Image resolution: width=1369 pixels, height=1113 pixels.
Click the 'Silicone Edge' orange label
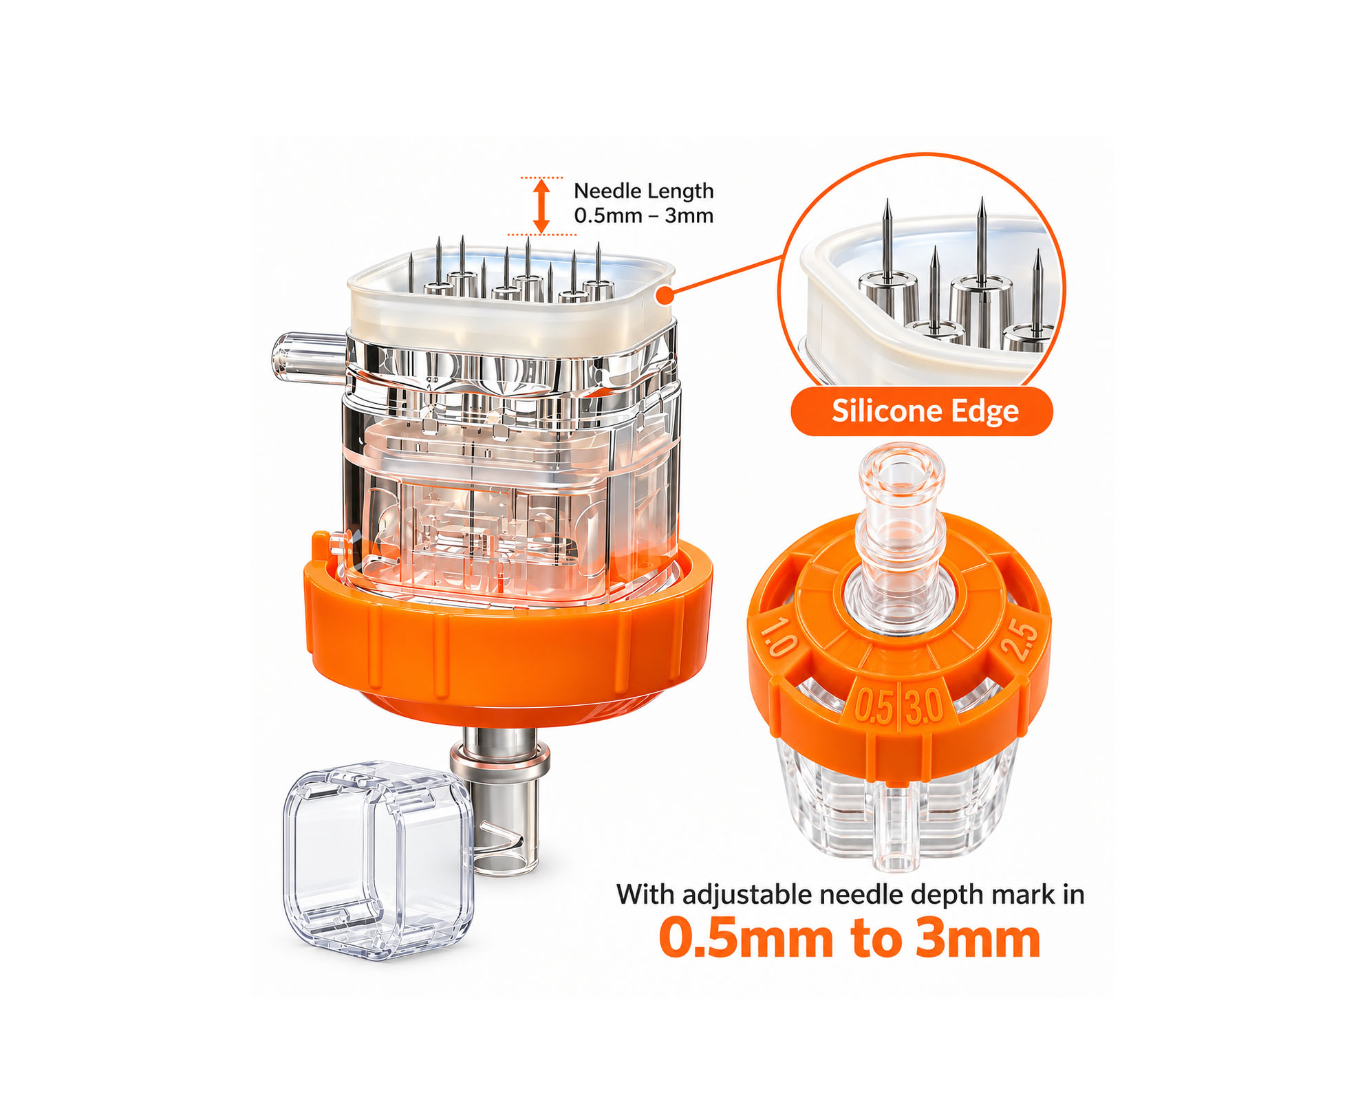(x=921, y=411)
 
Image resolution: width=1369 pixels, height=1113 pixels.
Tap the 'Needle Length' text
(x=643, y=191)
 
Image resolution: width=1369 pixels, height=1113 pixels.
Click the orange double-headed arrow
(x=542, y=206)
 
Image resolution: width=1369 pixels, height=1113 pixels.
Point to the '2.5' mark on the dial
(x=1019, y=639)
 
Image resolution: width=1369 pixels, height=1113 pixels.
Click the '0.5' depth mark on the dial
(x=873, y=706)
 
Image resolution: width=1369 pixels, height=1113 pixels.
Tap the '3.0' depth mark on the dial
(x=924, y=706)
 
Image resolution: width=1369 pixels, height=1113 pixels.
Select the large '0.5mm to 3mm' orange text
(x=850, y=939)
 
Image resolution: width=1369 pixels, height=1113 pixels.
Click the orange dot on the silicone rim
(x=665, y=296)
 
